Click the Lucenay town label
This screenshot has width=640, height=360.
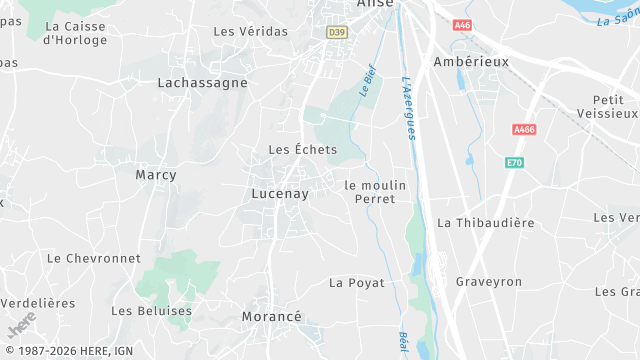click(x=280, y=194)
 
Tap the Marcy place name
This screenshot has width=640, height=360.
click(x=155, y=175)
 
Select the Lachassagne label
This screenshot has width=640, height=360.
click(x=202, y=83)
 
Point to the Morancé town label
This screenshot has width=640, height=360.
click(x=271, y=317)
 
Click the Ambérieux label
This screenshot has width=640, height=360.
click(x=471, y=61)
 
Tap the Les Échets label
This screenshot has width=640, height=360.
click(x=303, y=149)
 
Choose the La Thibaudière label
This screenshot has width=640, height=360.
click(x=486, y=222)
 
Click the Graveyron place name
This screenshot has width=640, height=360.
click(x=489, y=282)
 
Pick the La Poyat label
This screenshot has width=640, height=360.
click(x=357, y=283)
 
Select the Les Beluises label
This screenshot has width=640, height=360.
click(x=151, y=311)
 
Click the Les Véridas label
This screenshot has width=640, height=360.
click(x=250, y=31)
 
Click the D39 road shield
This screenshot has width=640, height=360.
click(x=336, y=32)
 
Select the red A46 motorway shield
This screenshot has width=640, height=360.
click(x=462, y=24)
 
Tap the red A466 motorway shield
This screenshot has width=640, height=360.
click(x=523, y=130)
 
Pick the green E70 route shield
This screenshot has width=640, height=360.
click(x=514, y=162)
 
